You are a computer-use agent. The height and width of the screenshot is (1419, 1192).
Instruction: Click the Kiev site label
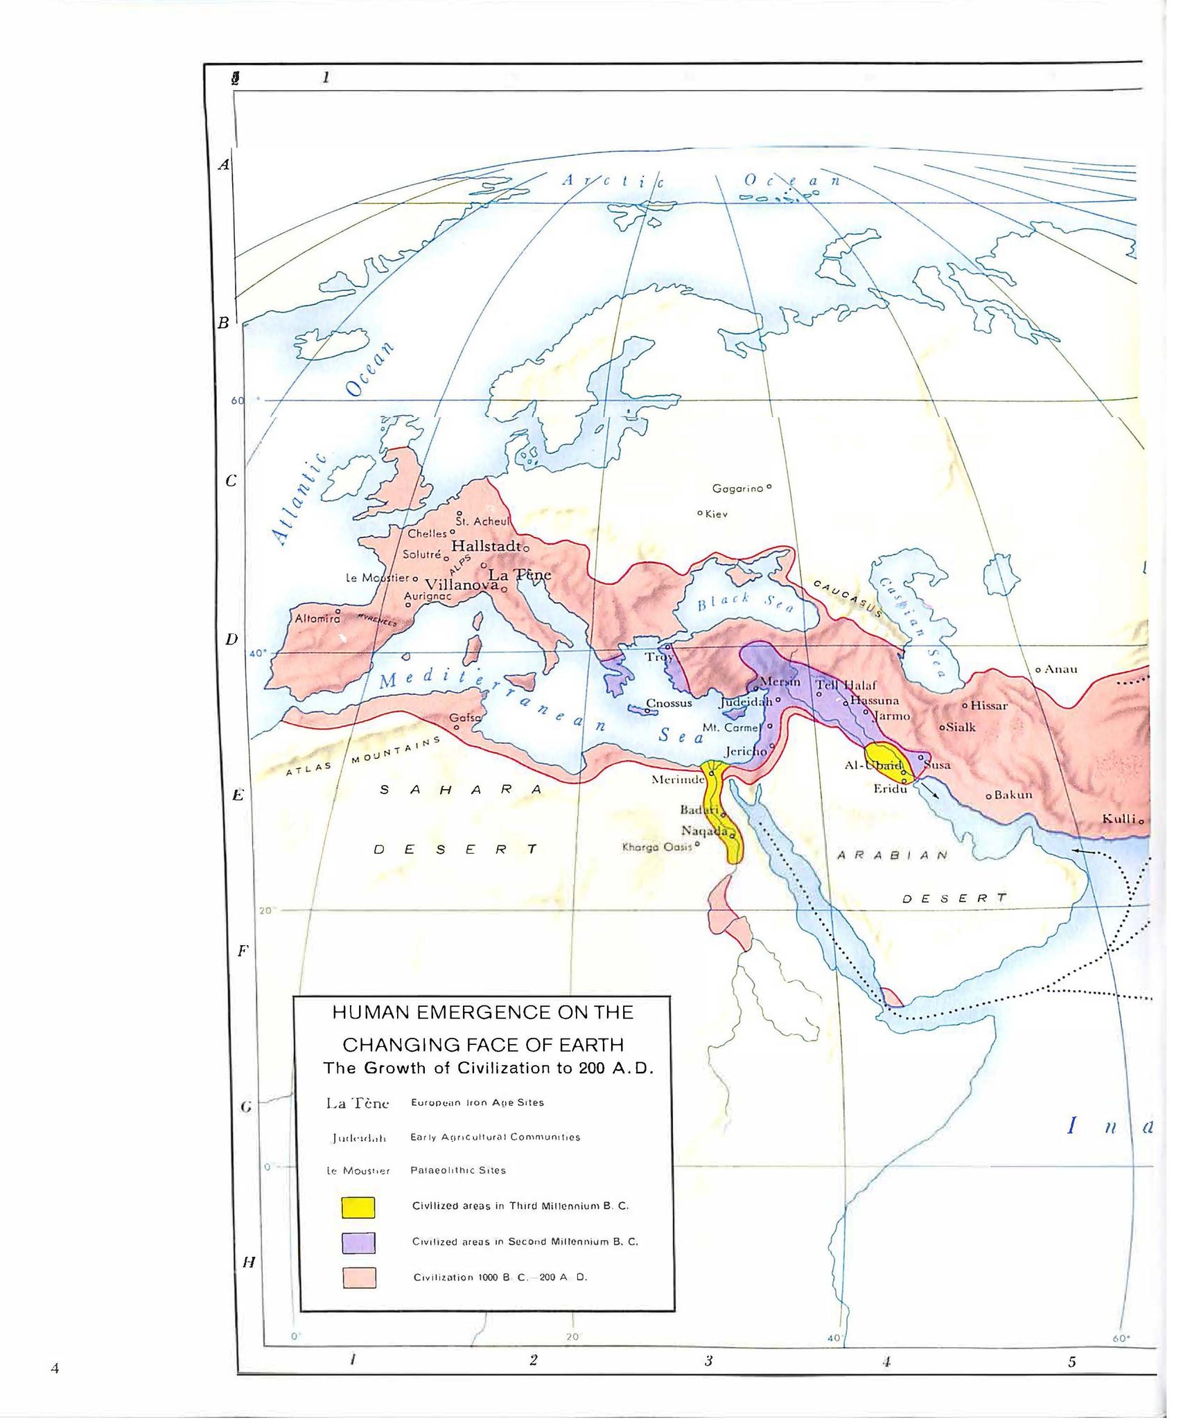tap(716, 514)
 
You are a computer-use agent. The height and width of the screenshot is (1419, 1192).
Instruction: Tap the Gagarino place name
tap(737, 488)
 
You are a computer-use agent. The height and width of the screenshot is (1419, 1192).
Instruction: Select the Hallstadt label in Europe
tap(486, 546)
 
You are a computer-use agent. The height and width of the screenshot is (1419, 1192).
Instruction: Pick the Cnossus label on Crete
tap(669, 703)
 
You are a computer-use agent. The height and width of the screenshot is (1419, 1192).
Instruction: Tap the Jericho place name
tap(745, 751)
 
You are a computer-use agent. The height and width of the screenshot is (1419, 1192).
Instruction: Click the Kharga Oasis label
tap(657, 847)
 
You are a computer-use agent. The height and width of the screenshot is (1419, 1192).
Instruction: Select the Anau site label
tap(1060, 669)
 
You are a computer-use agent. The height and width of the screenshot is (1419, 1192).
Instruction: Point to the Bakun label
tap(1013, 795)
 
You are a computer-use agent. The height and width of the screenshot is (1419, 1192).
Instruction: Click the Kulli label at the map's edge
tap(1119, 819)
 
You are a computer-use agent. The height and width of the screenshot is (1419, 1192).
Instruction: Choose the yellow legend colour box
tap(358, 1208)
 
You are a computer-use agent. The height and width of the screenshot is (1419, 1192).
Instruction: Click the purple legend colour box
tap(358, 1243)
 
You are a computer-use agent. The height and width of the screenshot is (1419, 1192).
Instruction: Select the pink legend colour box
tap(359, 1278)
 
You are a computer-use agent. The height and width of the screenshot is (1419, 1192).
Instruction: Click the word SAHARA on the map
tap(461, 790)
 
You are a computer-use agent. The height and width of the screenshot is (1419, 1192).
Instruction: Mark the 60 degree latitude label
tap(238, 400)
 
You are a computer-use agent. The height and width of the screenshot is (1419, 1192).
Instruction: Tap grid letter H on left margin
tap(249, 1262)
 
